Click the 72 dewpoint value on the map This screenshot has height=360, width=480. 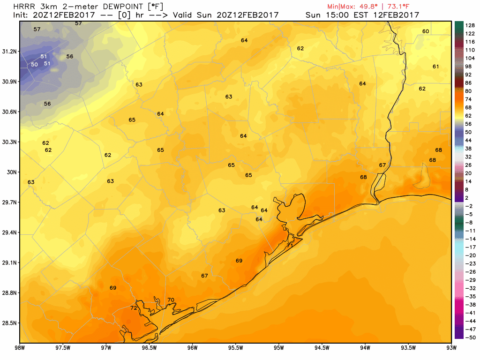click(134, 308)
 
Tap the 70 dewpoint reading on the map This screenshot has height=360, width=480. click(171, 300)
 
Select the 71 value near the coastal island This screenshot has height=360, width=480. click(290, 245)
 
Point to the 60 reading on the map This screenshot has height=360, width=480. click(426, 31)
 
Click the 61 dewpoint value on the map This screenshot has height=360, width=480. click(436, 67)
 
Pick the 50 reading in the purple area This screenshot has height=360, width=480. click(34, 65)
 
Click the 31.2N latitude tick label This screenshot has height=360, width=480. click(9, 51)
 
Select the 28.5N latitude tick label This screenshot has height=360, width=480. click(9, 323)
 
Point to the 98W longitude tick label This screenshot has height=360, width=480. click(20, 347)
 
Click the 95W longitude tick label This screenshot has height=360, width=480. click(279, 347)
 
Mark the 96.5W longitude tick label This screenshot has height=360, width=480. click(149, 347)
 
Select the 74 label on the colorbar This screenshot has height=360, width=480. click(469, 99)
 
